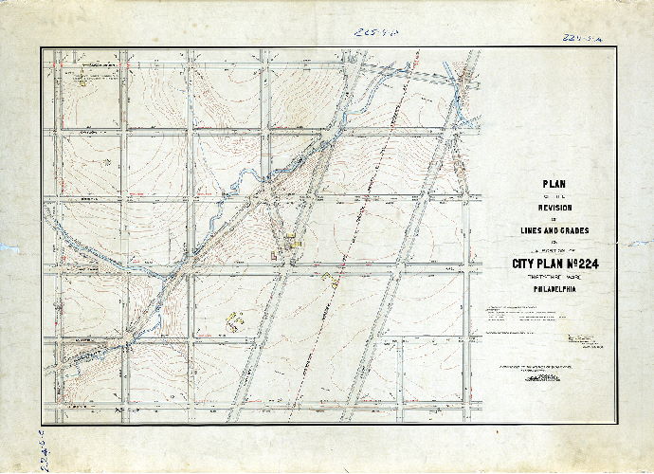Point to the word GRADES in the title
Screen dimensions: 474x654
click(x=572, y=229)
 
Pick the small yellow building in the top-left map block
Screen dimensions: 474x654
click(x=83, y=83)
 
